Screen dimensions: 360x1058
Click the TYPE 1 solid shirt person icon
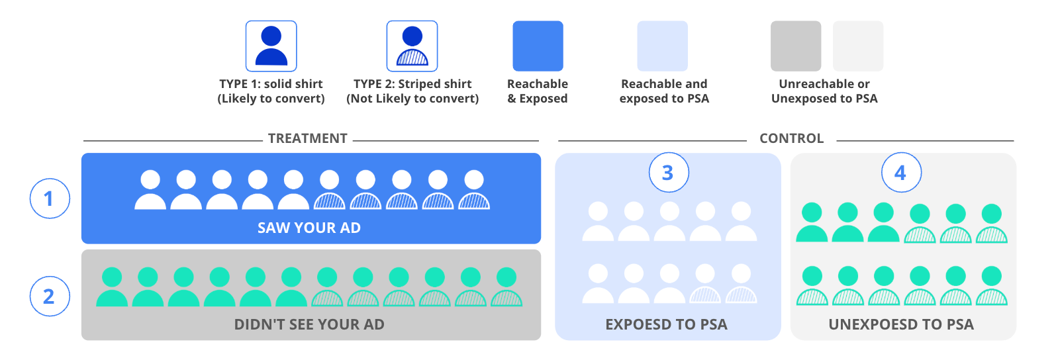click(x=271, y=46)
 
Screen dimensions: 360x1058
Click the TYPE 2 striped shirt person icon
click(x=412, y=46)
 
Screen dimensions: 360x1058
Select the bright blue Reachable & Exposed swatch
click(x=538, y=46)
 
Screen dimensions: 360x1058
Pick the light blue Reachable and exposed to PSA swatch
click(x=662, y=46)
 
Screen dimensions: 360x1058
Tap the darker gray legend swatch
click(x=795, y=46)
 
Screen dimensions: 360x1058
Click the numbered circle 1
click(x=50, y=199)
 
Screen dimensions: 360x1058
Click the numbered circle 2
click(x=50, y=296)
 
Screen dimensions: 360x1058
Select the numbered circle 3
click(x=668, y=173)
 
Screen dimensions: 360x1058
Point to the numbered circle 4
click(x=900, y=173)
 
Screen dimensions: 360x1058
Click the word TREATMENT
click(x=308, y=138)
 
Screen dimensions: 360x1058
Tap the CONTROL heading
click(x=791, y=138)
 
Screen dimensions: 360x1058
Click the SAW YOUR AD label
click(x=309, y=228)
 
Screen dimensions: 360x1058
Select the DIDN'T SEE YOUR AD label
click(x=309, y=324)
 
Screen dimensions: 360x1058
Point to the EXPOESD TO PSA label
click(x=666, y=324)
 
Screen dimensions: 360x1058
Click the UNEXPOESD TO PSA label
click(x=901, y=324)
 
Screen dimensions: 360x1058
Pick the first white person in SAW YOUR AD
click(x=150, y=190)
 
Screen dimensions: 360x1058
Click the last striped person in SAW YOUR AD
click(x=474, y=190)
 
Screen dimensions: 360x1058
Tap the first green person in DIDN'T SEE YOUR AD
click(x=112, y=287)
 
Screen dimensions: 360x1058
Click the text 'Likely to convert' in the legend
click(x=271, y=99)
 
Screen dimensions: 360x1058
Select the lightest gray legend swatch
click(x=857, y=46)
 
